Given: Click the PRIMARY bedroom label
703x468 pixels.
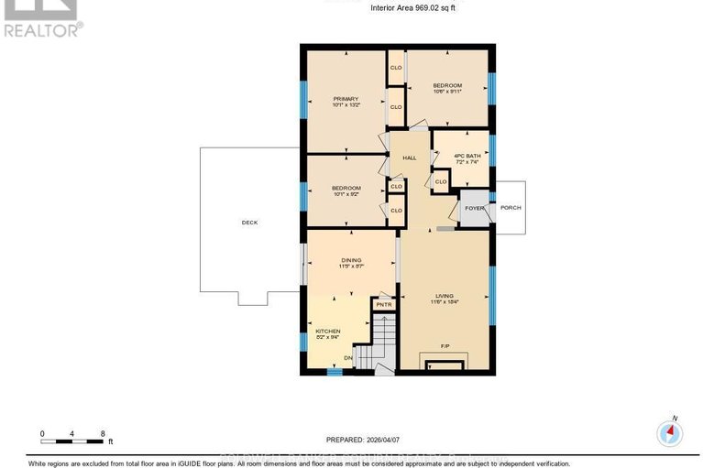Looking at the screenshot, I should (346, 98).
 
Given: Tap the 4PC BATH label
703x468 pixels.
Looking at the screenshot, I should (467, 156).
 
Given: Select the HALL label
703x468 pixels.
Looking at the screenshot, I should (409, 158).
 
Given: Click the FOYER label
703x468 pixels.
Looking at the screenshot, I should (474, 208).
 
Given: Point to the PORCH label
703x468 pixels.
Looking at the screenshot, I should (511, 208).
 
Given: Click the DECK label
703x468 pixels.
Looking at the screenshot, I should (250, 222).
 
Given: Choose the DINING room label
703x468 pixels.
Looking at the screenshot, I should (351, 259).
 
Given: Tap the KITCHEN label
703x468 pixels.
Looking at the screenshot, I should (328, 331).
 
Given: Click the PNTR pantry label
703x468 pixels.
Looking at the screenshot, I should (383, 303).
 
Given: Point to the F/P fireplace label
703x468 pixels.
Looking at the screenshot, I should (445, 346).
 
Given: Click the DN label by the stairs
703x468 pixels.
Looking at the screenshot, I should (347, 357).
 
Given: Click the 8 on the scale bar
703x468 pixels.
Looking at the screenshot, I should (104, 433).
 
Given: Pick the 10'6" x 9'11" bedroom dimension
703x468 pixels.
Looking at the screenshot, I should (447, 92).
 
